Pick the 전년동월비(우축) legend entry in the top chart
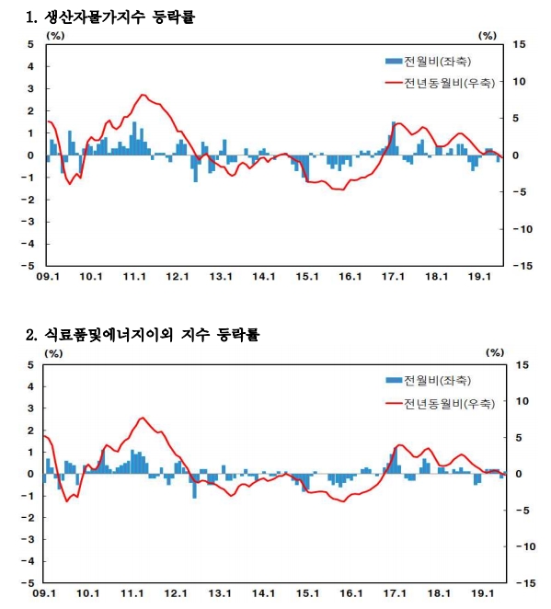pyautogui.click(x=439, y=83)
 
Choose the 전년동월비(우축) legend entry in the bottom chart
pyautogui.click(x=439, y=403)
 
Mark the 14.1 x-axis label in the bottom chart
pyautogui.click(x=264, y=594)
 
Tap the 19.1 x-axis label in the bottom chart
pyautogui.click(x=482, y=594)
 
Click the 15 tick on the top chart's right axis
pyautogui.click(x=519, y=44)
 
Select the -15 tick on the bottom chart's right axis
pyautogui.click(x=521, y=583)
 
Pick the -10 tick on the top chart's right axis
pyautogui.click(x=521, y=229)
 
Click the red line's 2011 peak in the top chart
pyautogui.click(x=143, y=95)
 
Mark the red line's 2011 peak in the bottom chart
pyautogui.click(x=142, y=418)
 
